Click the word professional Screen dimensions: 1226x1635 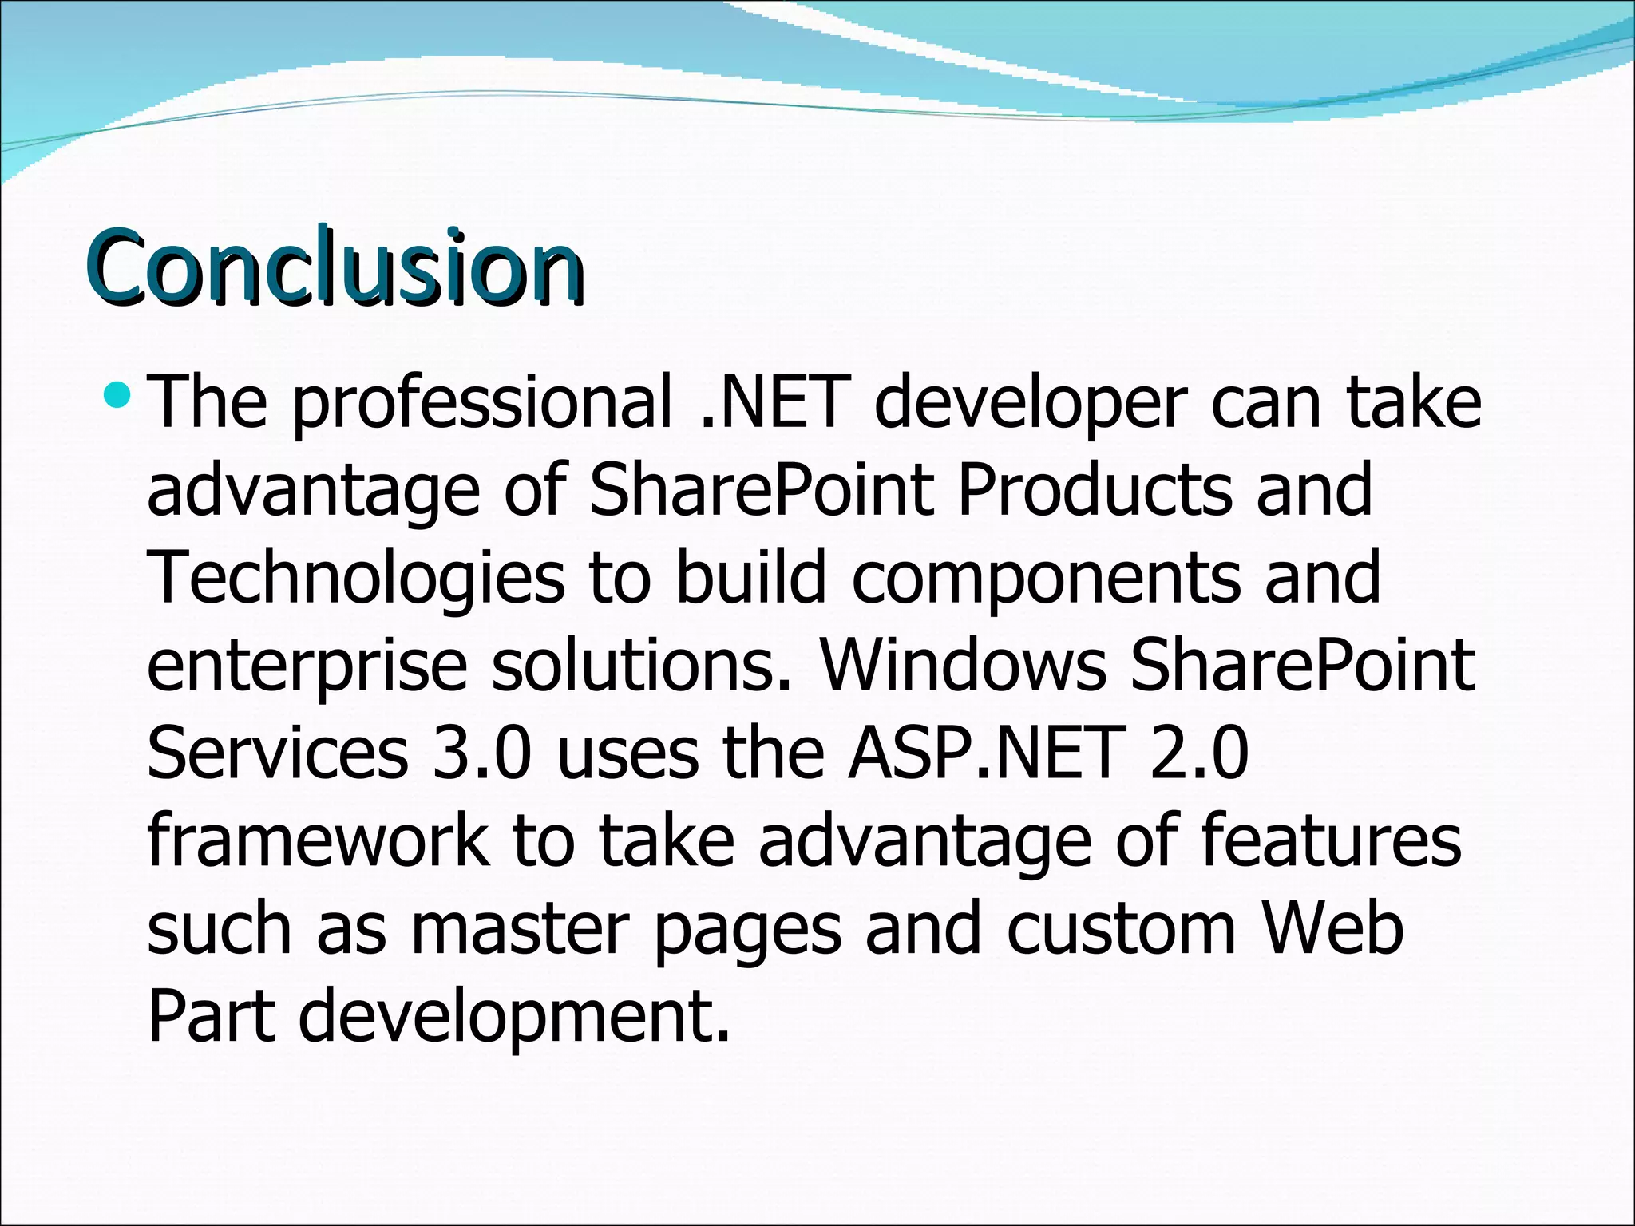tap(482, 403)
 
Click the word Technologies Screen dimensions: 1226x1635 tap(356, 579)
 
